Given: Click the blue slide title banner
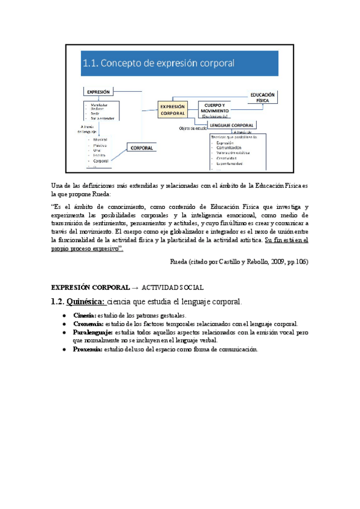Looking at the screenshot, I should coord(180,62).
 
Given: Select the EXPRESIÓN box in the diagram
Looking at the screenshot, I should coord(98,92).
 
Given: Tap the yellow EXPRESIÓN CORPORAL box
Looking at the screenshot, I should coord(173,109).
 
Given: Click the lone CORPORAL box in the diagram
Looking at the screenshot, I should coord(142,148).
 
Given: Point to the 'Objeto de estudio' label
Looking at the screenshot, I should coord(193,128).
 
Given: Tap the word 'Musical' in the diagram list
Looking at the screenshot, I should coord(100,139).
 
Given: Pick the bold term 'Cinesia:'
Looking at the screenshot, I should coord(84,315).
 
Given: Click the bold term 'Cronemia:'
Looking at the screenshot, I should coord(88,324).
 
